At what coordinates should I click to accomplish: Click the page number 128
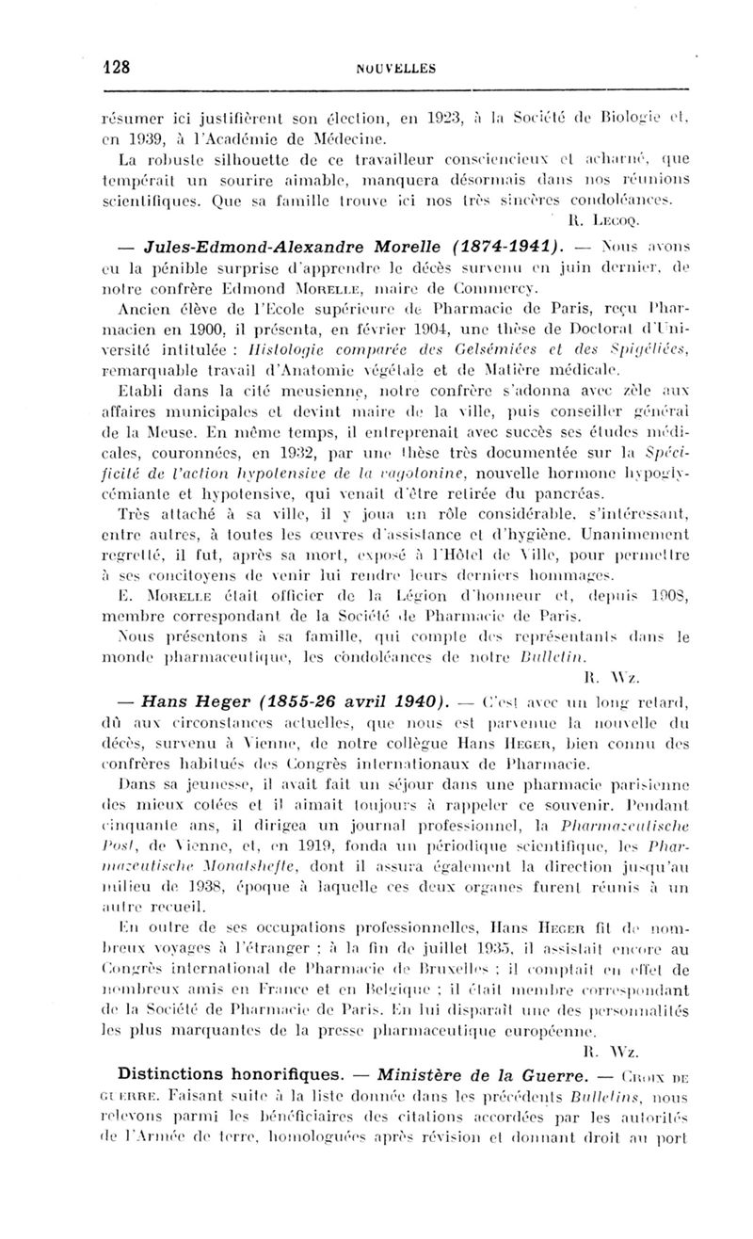pos(117,67)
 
